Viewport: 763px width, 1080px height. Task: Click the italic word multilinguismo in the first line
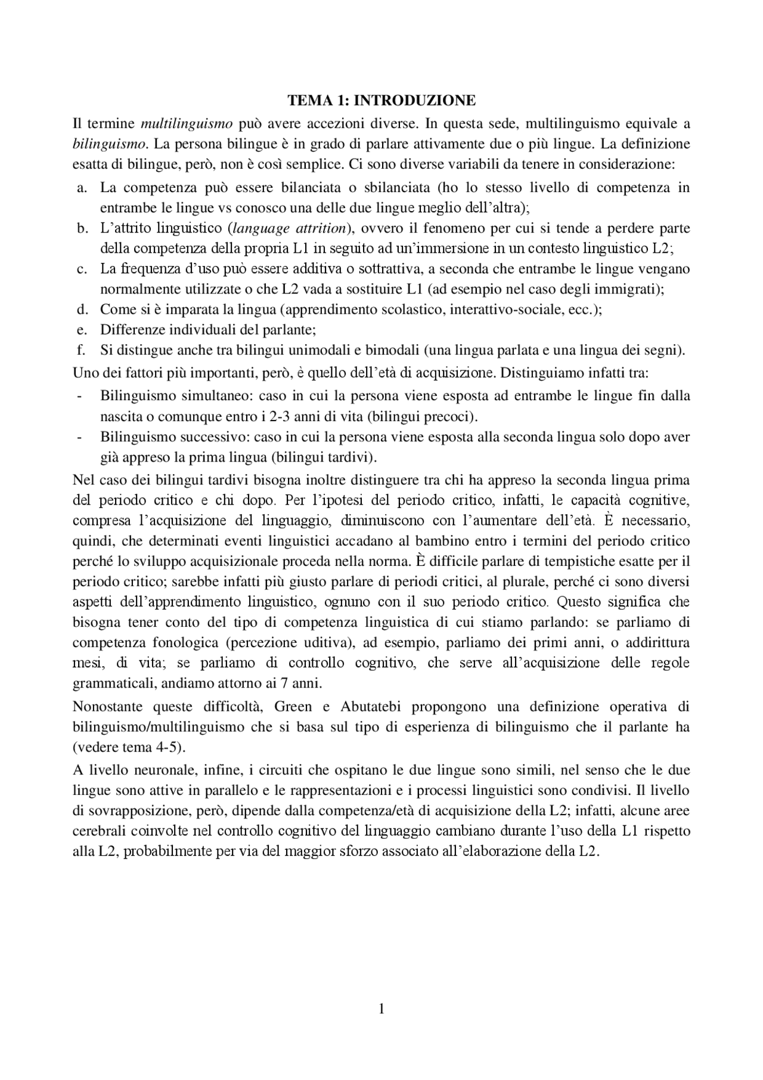pyautogui.click(x=186, y=123)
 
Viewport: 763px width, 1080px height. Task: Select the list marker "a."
pyautogui.click(x=82, y=188)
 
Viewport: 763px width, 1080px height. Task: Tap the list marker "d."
pyautogui.click(x=82, y=310)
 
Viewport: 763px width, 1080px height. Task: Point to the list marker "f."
pyautogui.click(x=82, y=350)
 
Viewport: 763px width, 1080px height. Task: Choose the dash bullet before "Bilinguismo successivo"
pyautogui.click(x=79, y=437)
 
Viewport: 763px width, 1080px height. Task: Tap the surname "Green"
pyautogui.click(x=293, y=707)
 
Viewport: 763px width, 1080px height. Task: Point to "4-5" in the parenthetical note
pyautogui.click(x=161, y=747)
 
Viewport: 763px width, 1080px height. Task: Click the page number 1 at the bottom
pyautogui.click(x=381, y=1009)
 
